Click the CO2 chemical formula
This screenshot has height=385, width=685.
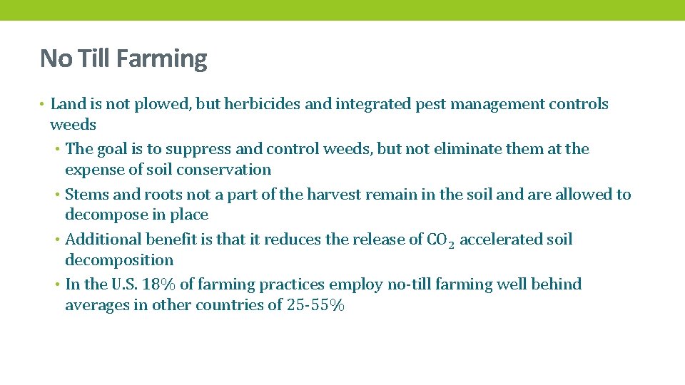(441, 240)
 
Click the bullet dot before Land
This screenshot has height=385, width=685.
(44, 105)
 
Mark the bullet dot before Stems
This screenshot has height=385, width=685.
(59, 195)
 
